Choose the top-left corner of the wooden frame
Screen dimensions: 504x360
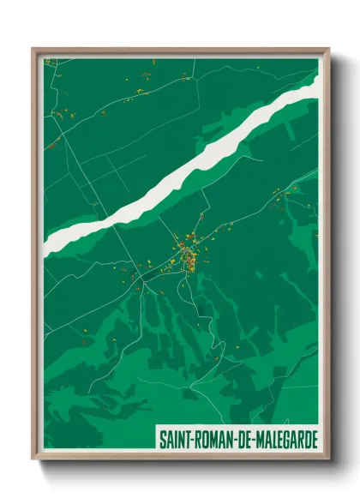point(33,49)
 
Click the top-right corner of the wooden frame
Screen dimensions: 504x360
point(329,49)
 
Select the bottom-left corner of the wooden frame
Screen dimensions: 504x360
point(33,459)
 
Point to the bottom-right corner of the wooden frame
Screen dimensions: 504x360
point(329,459)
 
